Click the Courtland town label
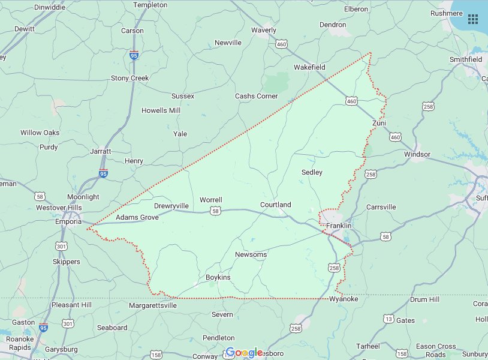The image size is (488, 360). [275, 205]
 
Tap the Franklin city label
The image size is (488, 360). [339, 226]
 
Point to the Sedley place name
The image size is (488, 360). [312, 172]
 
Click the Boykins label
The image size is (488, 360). [218, 277]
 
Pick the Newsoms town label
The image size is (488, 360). [251, 254]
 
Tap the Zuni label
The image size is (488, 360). [379, 123]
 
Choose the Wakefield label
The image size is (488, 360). [309, 67]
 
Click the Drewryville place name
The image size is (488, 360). [171, 206]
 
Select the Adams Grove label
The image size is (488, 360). [137, 217]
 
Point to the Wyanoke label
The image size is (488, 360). [344, 299]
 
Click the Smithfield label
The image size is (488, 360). [466, 59]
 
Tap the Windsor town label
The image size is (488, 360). [417, 154]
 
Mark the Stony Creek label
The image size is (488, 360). [129, 78]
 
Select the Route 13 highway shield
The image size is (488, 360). [389, 319]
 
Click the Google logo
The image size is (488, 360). [244, 353]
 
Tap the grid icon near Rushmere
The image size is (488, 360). [473, 19]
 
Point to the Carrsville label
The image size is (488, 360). [381, 207]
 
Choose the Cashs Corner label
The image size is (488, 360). [256, 96]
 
